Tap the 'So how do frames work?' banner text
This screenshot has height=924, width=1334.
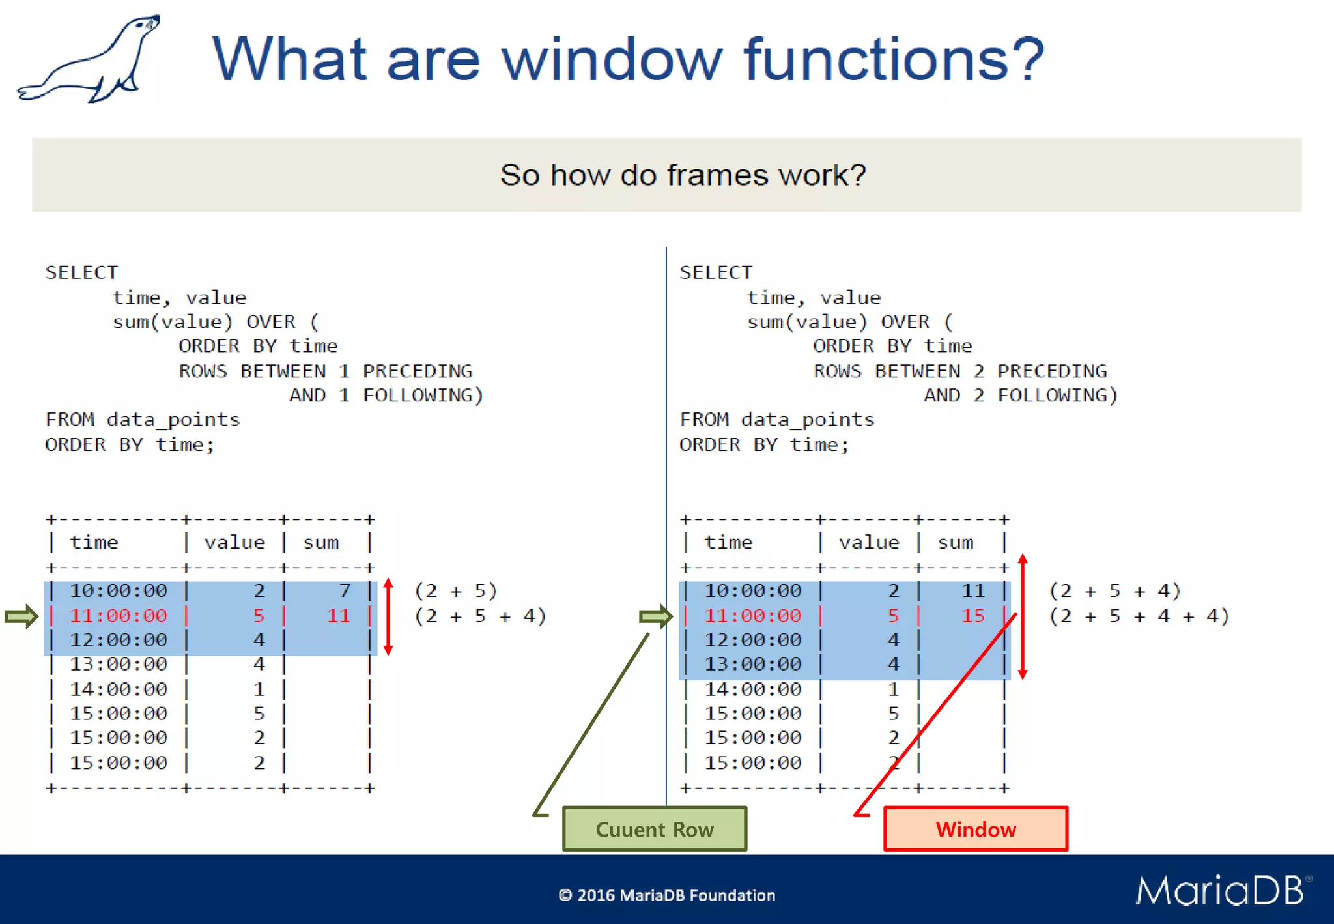click(683, 175)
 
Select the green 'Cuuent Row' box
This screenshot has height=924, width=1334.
click(655, 829)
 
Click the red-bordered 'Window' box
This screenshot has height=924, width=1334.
click(975, 829)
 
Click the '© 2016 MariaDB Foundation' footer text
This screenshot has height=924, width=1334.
click(666, 895)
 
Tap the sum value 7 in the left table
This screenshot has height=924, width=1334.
click(345, 590)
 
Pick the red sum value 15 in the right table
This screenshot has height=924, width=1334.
click(973, 615)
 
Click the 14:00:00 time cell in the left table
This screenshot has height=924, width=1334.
click(119, 689)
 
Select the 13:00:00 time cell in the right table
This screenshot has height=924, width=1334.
click(753, 664)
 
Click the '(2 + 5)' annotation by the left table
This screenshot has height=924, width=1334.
click(456, 590)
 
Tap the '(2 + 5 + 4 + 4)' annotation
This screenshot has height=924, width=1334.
click(1139, 615)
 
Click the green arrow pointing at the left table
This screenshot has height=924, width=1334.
click(21, 616)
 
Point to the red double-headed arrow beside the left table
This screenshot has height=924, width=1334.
click(388, 616)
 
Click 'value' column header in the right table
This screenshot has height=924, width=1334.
click(869, 542)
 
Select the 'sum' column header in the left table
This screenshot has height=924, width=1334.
click(321, 542)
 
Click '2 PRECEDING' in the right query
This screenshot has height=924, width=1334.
click(1040, 371)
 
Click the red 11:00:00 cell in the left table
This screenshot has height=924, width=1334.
click(119, 615)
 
